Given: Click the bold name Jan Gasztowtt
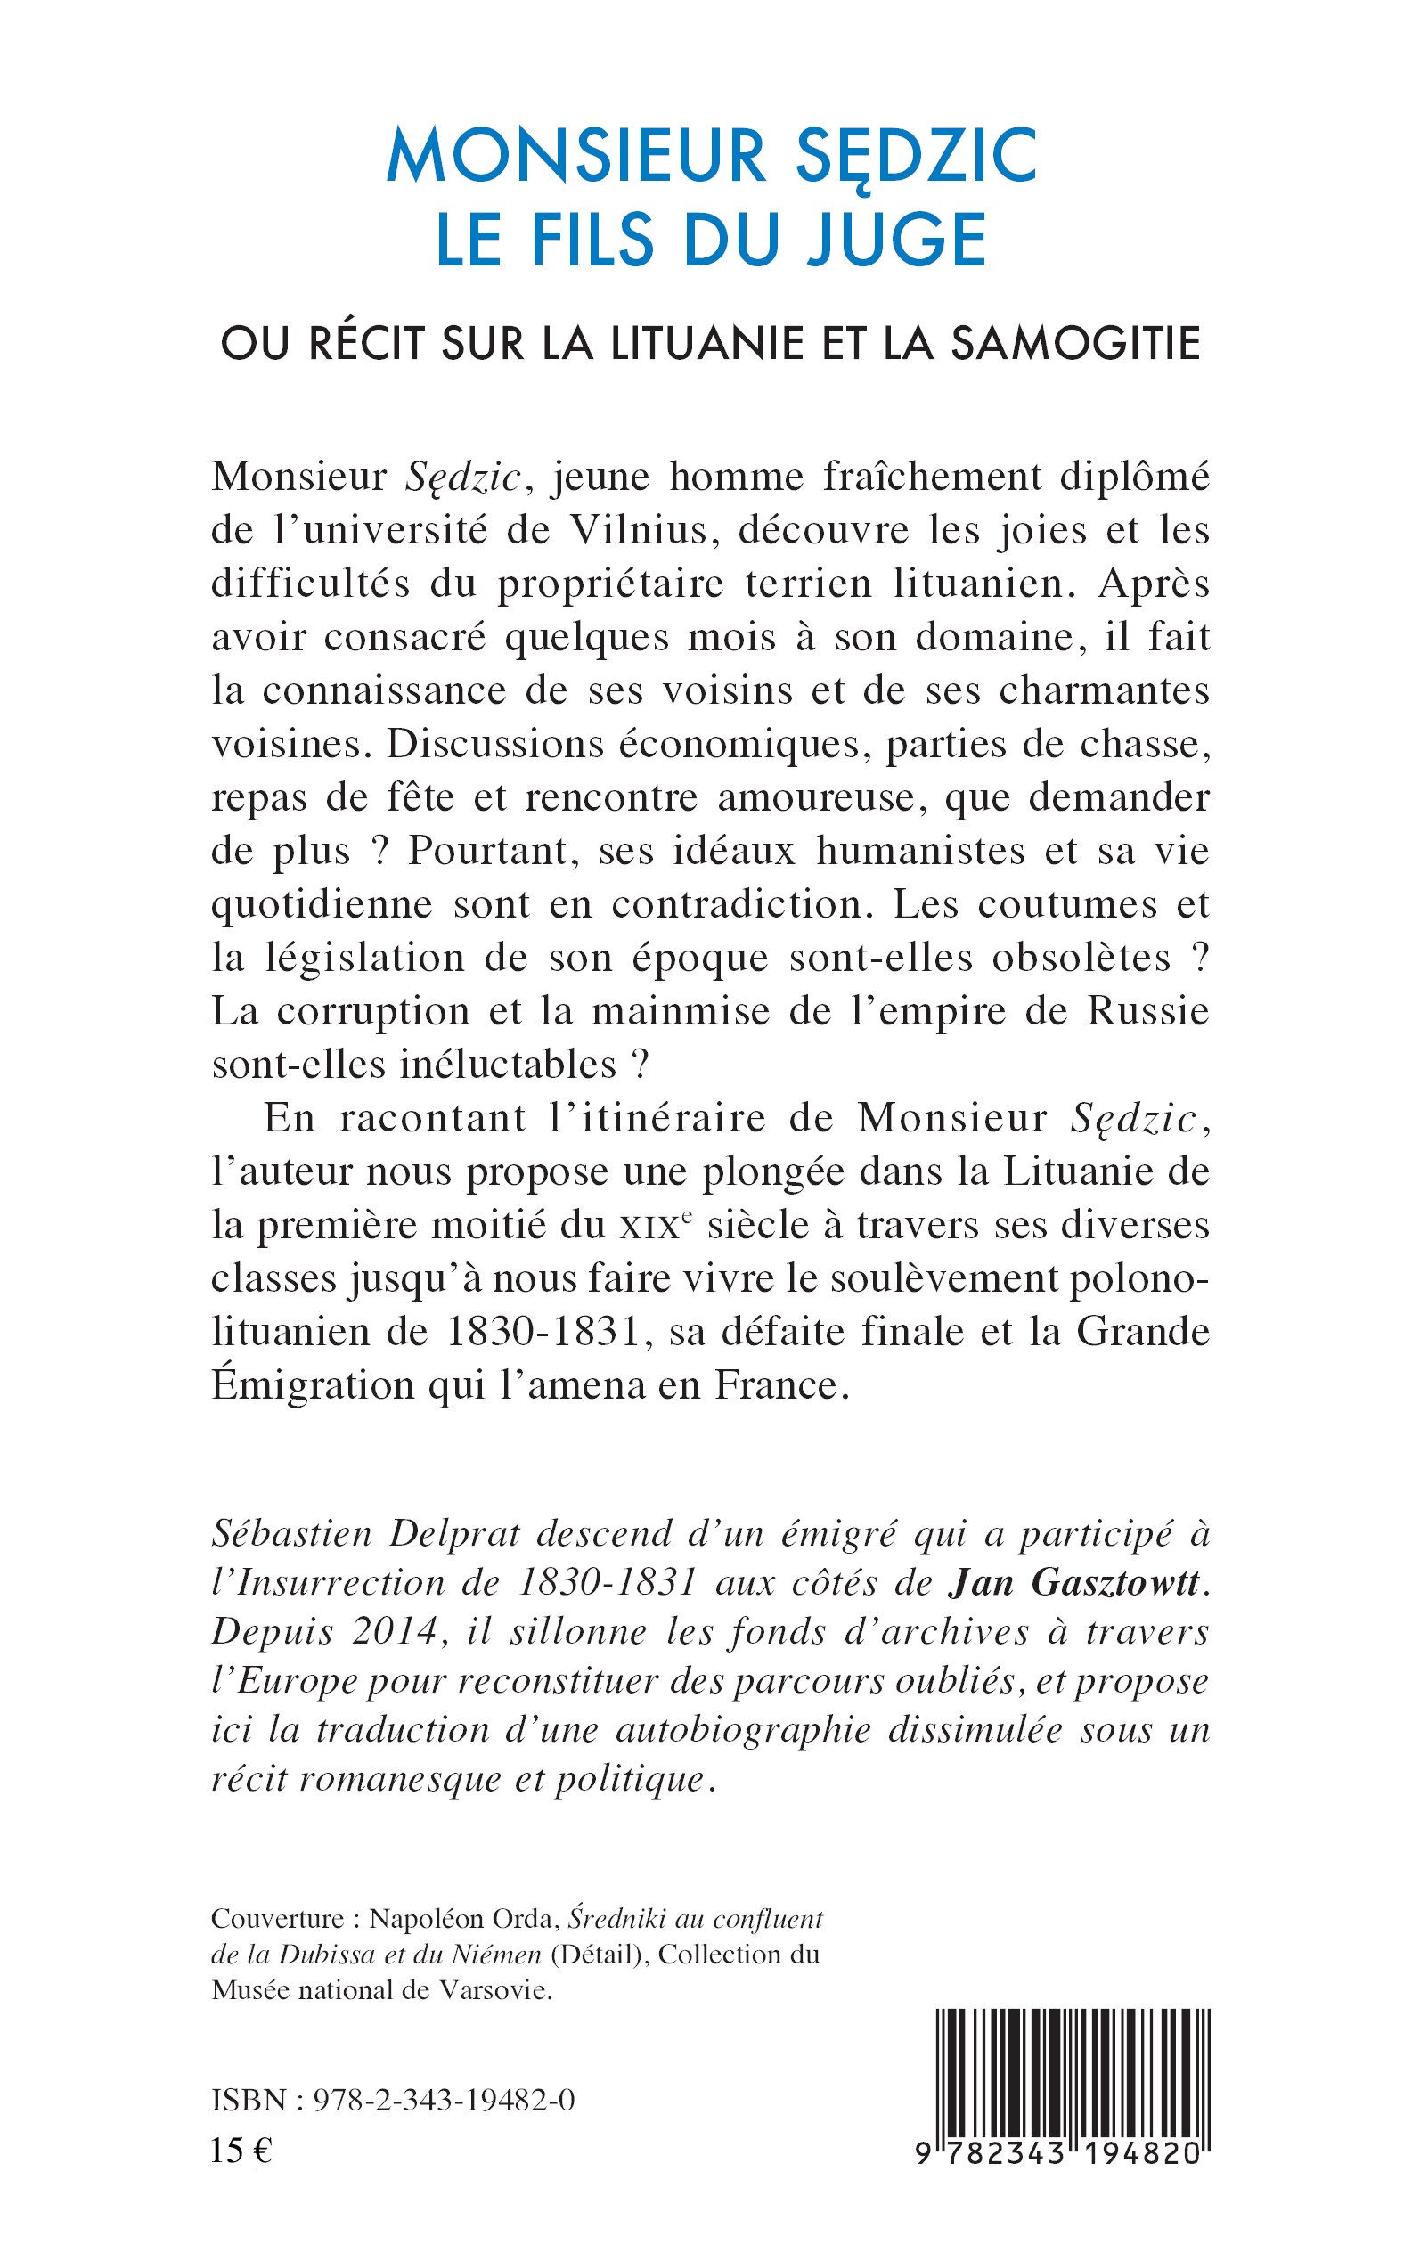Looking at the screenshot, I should tap(1074, 1583).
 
